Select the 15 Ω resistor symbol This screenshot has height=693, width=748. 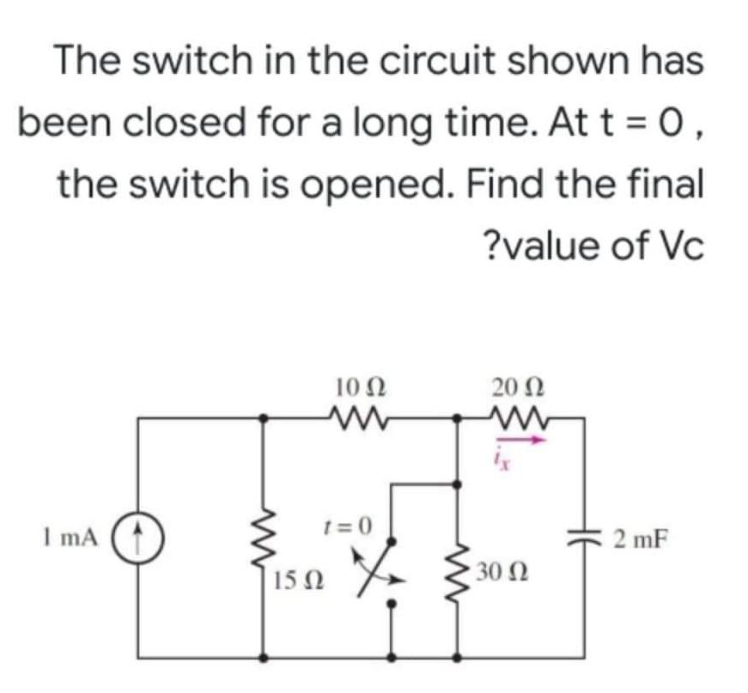tap(264, 542)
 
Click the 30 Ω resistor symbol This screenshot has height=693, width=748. tap(457, 568)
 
